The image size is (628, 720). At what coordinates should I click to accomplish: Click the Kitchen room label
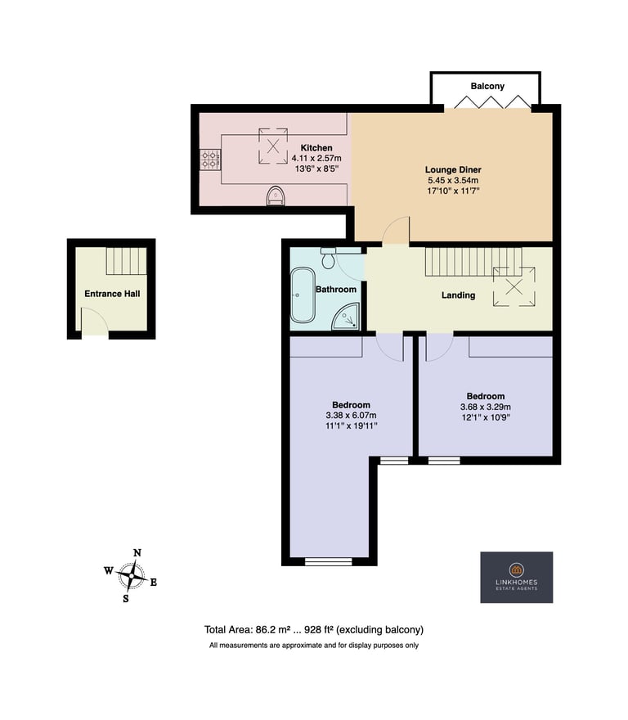click(x=316, y=148)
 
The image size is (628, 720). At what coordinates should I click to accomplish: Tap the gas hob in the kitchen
click(x=211, y=160)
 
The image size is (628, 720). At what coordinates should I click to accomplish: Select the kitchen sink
click(x=276, y=196)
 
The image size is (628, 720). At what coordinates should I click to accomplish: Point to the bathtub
click(x=302, y=295)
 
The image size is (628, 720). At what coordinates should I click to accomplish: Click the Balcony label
click(x=487, y=87)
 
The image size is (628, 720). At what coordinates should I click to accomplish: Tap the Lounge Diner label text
click(x=453, y=170)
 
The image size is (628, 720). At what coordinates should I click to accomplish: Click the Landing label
click(x=458, y=295)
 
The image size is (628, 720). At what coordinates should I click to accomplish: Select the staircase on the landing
click(x=473, y=262)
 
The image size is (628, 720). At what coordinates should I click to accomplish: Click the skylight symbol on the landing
click(x=514, y=287)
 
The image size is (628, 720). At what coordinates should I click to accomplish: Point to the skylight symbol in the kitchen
click(x=273, y=146)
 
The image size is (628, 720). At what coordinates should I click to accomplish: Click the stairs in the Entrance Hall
click(x=126, y=261)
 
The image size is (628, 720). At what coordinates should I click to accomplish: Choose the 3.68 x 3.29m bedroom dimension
click(x=486, y=407)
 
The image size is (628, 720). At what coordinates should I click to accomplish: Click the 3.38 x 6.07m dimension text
click(x=351, y=416)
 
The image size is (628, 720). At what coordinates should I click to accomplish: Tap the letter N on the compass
click(x=137, y=553)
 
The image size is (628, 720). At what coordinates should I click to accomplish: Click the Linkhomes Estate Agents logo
click(x=517, y=577)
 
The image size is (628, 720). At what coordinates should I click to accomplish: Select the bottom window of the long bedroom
click(x=328, y=561)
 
